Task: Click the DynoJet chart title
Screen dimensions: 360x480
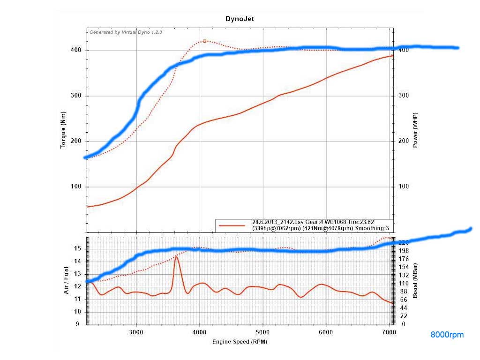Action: point(240,19)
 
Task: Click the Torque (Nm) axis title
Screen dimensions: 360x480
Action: point(63,130)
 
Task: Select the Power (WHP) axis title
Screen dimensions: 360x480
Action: point(415,130)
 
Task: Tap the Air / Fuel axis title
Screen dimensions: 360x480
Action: point(66,280)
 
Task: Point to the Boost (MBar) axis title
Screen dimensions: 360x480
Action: point(415,281)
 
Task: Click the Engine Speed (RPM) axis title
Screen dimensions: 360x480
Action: point(240,341)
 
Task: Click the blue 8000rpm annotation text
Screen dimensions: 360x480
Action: point(447,335)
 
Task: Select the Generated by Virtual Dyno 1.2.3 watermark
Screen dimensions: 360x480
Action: point(126,33)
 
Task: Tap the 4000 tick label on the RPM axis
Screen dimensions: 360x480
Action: point(200,332)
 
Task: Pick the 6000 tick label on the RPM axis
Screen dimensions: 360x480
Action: point(326,332)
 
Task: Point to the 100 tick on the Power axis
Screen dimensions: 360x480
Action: point(403,187)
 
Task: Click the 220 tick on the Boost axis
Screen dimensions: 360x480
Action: point(403,242)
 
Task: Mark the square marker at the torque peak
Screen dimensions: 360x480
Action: point(205,41)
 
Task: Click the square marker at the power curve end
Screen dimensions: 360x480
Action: point(393,56)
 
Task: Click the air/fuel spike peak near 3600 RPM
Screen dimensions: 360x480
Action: point(176,257)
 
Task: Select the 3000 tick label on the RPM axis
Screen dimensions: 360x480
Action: point(136,332)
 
